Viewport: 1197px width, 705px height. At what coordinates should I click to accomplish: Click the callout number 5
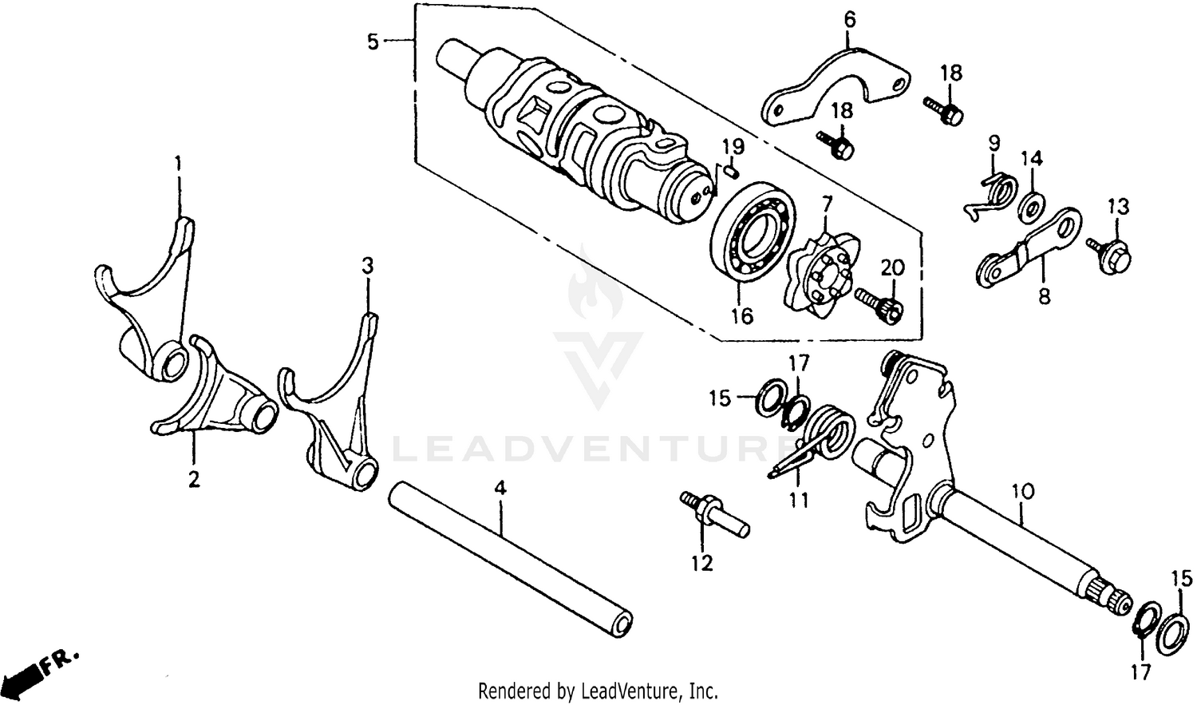[x=373, y=41]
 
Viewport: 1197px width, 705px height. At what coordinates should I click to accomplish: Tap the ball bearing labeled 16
[x=753, y=232]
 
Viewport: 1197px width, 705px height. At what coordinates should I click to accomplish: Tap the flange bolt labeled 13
[x=1110, y=254]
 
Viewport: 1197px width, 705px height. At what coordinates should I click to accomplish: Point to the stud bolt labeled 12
[x=713, y=515]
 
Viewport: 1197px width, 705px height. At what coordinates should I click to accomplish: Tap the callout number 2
[x=194, y=479]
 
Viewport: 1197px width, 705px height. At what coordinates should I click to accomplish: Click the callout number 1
[x=179, y=164]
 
